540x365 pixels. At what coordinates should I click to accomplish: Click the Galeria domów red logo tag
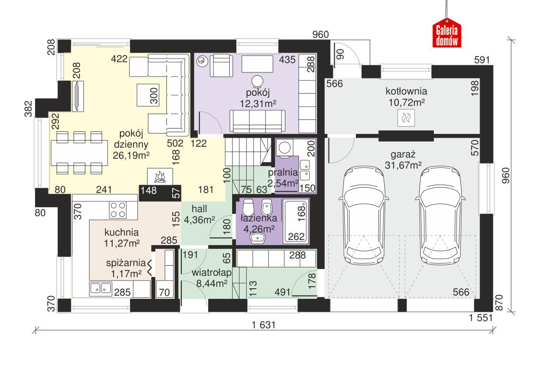[447, 34]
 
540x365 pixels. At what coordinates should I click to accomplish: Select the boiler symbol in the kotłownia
[406, 117]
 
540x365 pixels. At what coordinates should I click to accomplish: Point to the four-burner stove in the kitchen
[118, 209]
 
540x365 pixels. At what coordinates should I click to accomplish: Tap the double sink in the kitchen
[100, 288]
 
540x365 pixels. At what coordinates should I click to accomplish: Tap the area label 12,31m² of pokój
[259, 102]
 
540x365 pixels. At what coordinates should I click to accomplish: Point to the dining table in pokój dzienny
[79, 153]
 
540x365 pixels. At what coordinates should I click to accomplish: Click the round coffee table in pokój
[258, 81]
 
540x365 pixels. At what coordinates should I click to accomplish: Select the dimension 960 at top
[320, 34]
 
